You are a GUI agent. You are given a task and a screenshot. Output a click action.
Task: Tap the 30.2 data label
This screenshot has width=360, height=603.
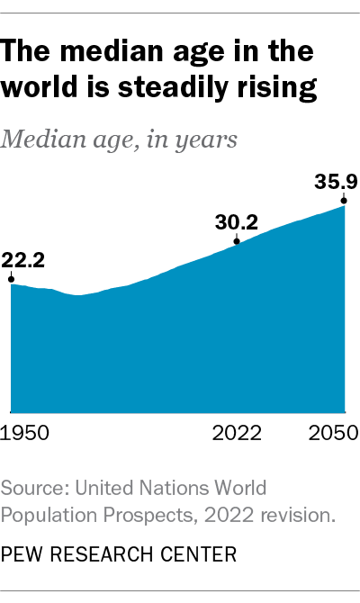[236, 221]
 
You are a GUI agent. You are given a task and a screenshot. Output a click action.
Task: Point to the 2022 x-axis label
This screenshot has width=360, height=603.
[236, 433]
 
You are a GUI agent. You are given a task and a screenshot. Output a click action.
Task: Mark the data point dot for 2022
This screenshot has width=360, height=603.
[237, 242]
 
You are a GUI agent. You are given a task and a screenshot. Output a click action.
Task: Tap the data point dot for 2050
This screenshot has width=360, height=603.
[344, 204]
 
